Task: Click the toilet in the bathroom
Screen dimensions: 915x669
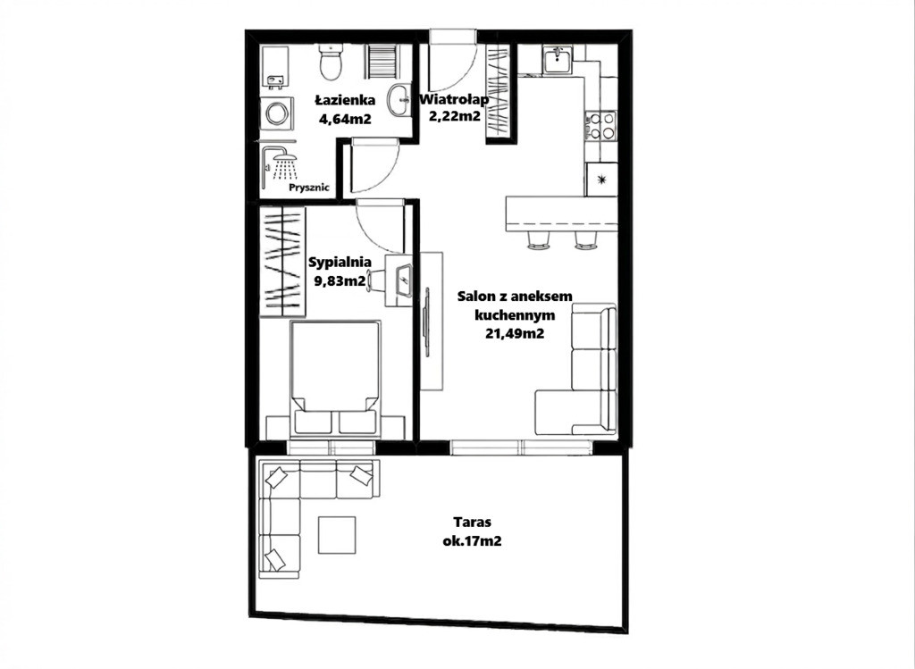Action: click(x=332, y=63)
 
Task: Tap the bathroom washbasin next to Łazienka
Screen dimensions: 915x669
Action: click(x=399, y=100)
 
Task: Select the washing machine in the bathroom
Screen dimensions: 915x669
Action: click(x=276, y=113)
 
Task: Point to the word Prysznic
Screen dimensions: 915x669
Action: click(x=309, y=188)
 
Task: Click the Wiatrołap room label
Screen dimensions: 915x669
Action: click(x=455, y=99)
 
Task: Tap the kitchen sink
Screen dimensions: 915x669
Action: click(x=558, y=61)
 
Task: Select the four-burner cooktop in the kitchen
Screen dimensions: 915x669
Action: click(x=600, y=125)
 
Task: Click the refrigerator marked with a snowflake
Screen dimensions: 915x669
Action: click(x=601, y=180)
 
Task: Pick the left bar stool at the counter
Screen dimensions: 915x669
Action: click(x=539, y=240)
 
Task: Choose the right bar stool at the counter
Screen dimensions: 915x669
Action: click(x=586, y=240)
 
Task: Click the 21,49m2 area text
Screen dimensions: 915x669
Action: click(x=515, y=334)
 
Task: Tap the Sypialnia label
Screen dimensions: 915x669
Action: click(x=339, y=262)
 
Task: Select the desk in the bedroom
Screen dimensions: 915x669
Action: click(x=399, y=280)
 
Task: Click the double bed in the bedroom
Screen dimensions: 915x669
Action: click(x=334, y=378)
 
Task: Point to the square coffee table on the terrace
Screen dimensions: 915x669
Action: click(x=337, y=535)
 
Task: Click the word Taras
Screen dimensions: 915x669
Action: click(x=473, y=522)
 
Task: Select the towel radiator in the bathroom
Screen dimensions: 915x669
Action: click(x=382, y=62)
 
